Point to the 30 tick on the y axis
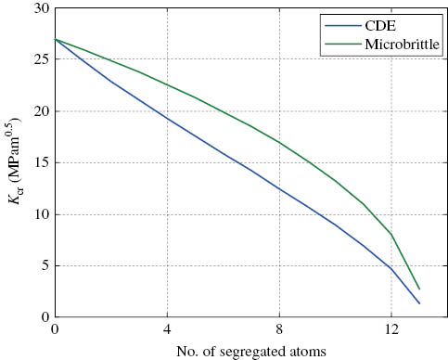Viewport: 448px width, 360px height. [42, 8]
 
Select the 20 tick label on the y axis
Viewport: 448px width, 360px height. [42, 111]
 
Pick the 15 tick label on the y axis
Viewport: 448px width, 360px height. [42, 163]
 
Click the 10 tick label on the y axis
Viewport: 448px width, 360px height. [42, 214]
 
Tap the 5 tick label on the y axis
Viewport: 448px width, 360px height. [45, 266]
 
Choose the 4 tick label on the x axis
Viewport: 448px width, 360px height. [168, 329]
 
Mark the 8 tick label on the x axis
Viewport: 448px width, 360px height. [280, 329]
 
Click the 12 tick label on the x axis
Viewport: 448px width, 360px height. [391, 329]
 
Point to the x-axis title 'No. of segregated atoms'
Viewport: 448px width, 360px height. [250, 352]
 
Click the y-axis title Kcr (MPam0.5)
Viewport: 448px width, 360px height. [15, 163]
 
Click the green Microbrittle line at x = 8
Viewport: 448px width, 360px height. [280, 143]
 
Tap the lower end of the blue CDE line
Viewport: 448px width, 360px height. [419, 303]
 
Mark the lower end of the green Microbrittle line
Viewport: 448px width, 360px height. [419, 289]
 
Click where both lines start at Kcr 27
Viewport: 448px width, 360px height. [57, 40]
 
